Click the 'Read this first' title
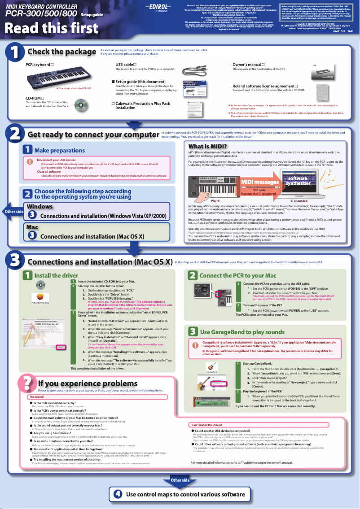point(51,28)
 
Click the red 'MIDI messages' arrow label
point(260,182)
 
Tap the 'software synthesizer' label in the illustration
point(298,180)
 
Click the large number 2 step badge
point(14,134)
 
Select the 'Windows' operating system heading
point(40,206)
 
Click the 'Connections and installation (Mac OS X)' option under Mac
point(92,236)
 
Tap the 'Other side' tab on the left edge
point(13,211)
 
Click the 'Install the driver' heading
point(56,275)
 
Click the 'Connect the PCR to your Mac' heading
point(237,275)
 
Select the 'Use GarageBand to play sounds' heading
point(242,332)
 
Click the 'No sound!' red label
point(37,397)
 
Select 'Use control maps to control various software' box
point(180,494)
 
